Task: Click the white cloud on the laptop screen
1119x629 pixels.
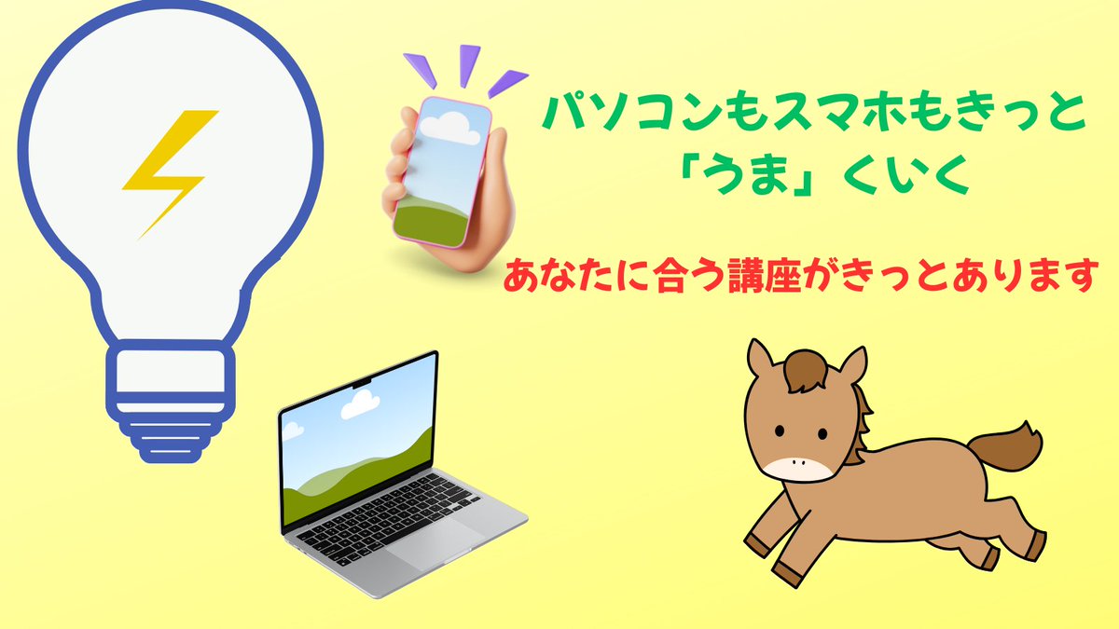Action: [x=359, y=403]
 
